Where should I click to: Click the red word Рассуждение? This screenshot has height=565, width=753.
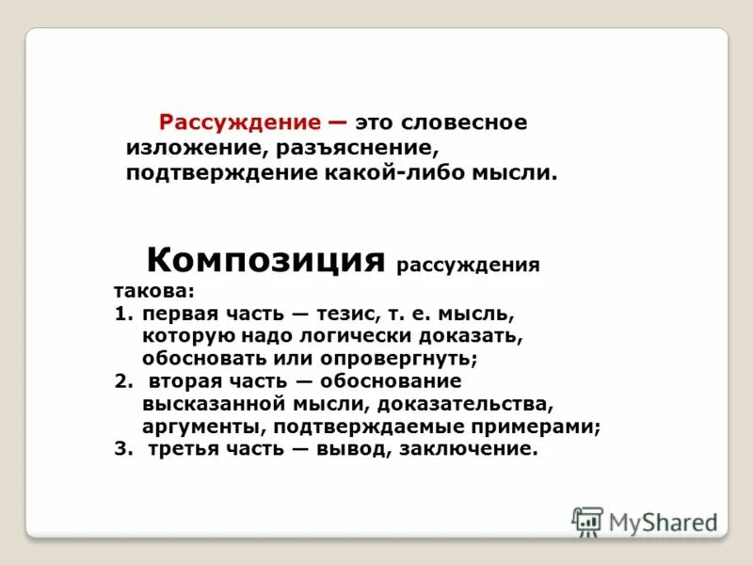pos(241,123)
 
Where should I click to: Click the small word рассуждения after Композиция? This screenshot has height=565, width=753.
pos(468,265)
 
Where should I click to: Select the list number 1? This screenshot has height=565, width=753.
pos(120,313)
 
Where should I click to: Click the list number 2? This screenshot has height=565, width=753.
pos(120,380)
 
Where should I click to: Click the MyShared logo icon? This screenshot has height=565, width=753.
pos(587,522)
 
